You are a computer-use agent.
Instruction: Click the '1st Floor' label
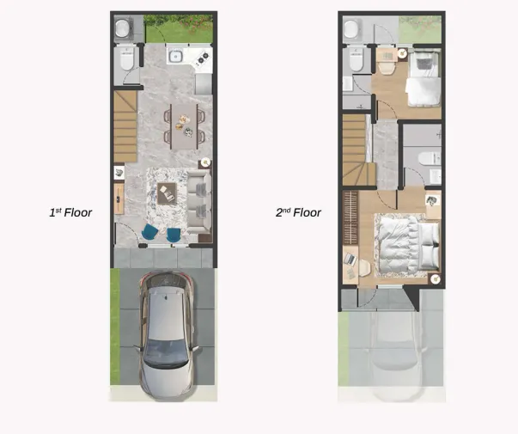pyautogui.click(x=70, y=211)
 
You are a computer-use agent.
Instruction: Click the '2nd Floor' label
pyautogui.click(x=298, y=211)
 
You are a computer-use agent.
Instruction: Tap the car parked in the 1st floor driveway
pyautogui.click(x=168, y=333)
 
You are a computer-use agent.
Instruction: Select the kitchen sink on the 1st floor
pyautogui.click(x=176, y=57)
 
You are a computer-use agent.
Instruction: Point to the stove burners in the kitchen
pyautogui.click(x=204, y=58)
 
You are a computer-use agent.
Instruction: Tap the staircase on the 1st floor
pyautogui.click(x=125, y=126)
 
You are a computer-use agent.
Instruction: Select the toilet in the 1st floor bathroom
pyautogui.click(x=127, y=59)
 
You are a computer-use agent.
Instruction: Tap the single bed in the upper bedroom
pyautogui.click(x=422, y=80)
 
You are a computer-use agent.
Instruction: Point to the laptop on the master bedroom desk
pyautogui.click(x=350, y=258)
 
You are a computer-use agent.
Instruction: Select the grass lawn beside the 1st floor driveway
pyautogui.click(x=115, y=327)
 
